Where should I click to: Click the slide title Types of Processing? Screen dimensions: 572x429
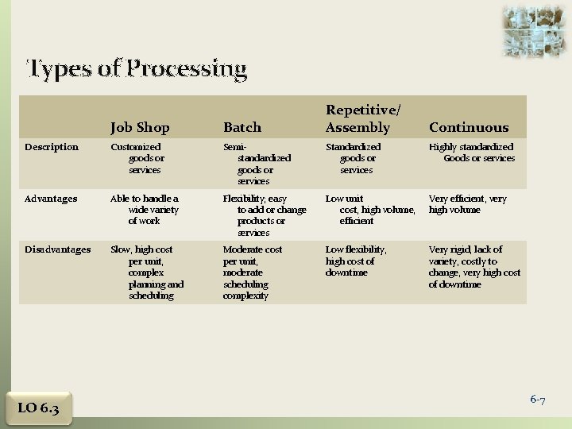point(137,70)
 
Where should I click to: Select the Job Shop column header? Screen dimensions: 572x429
point(140,127)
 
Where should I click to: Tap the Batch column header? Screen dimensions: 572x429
point(242,127)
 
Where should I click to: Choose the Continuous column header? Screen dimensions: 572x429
point(469,127)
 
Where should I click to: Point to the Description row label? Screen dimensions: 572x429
point(52,147)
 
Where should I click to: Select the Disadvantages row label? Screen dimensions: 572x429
point(58,249)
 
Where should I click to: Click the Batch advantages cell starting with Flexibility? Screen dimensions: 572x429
point(254,215)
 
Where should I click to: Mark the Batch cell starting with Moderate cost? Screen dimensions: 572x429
point(252,272)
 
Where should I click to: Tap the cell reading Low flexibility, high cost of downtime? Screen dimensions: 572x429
point(356,261)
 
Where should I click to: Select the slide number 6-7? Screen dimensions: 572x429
point(538,400)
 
